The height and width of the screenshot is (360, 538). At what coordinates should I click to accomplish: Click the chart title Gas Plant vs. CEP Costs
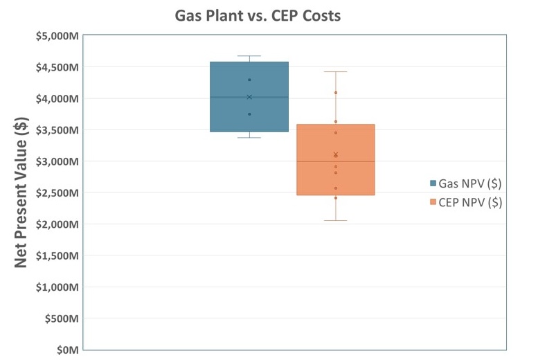pyautogui.click(x=258, y=15)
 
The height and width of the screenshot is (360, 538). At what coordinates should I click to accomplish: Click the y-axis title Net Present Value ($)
pyautogui.click(x=21, y=193)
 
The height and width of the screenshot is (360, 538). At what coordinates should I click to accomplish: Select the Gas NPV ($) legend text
pyautogui.click(x=471, y=183)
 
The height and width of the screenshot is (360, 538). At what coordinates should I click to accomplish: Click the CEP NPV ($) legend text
pyautogui.click(x=471, y=202)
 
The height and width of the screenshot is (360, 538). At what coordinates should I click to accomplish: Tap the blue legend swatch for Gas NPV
pyautogui.click(x=433, y=183)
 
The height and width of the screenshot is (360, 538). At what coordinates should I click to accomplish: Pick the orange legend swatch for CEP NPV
pyautogui.click(x=433, y=202)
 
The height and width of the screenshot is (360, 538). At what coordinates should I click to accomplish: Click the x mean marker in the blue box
pyautogui.click(x=249, y=97)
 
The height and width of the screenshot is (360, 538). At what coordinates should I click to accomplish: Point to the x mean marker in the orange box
pyautogui.click(x=336, y=155)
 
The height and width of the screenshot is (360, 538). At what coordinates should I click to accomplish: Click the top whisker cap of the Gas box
pyautogui.click(x=249, y=56)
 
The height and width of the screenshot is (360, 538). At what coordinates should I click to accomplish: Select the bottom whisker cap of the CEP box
pyautogui.click(x=336, y=220)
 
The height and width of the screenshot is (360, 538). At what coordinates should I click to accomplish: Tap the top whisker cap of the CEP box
pyautogui.click(x=336, y=71)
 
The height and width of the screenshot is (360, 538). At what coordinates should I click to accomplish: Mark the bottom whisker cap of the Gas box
pyautogui.click(x=249, y=138)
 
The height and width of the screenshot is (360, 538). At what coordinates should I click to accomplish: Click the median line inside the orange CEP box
pyautogui.click(x=336, y=161)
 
